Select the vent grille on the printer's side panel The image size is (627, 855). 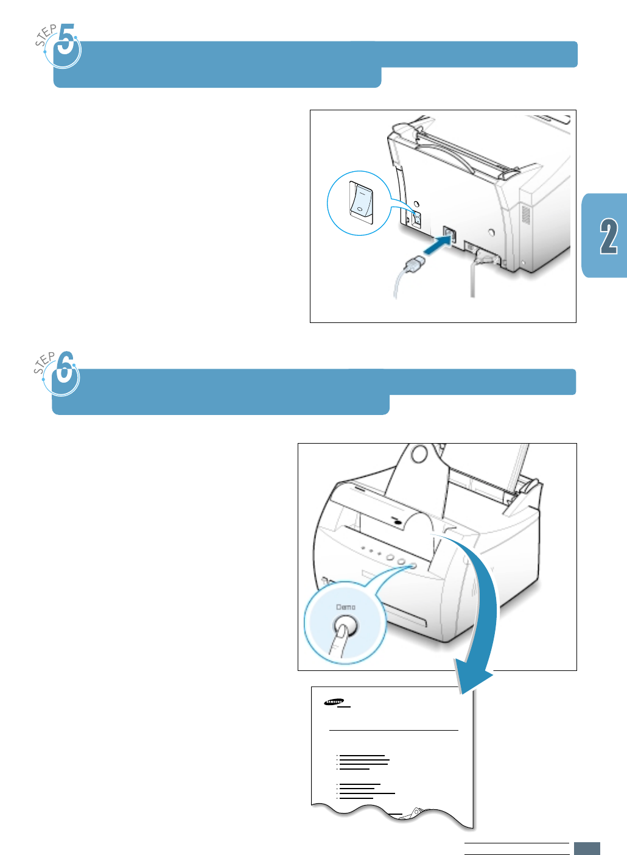click(x=526, y=214)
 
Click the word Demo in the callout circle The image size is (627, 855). click(x=345, y=607)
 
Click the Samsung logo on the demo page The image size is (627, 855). click(x=334, y=701)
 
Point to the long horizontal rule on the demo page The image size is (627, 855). click(x=393, y=729)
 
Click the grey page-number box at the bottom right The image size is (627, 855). click(x=587, y=848)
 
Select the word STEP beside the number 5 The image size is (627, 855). click(x=45, y=35)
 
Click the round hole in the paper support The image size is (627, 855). click(x=419, y=454)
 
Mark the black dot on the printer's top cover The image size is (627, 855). click(x=398, y=523)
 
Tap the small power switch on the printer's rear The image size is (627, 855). click(x=416, y=219)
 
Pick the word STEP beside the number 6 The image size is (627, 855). click(x=44, y=363)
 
